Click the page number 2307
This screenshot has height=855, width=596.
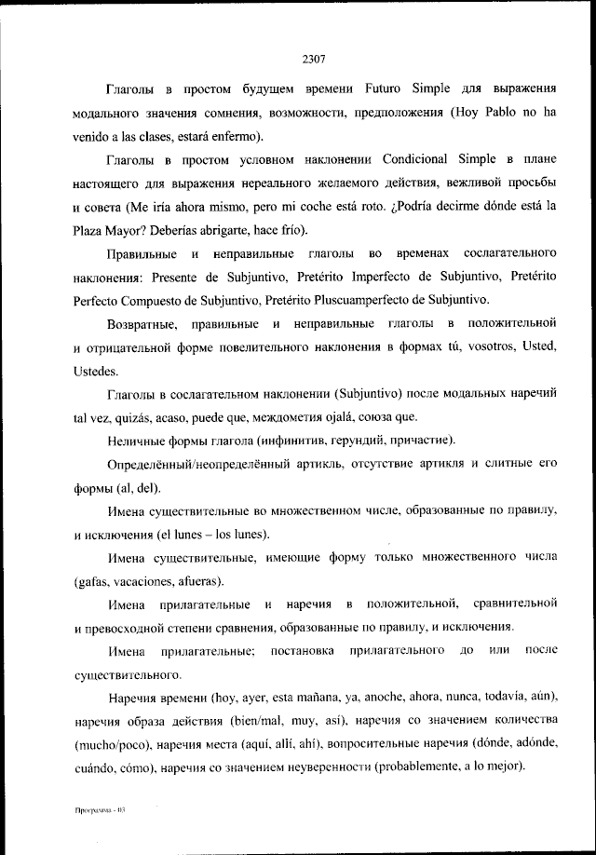pyautogui.click(x=313, y=59)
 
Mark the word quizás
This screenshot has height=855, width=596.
pyautogui.click(x=132, y=416)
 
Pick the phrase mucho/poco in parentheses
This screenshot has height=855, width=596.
pyautogui.click(x=115, y=745)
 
